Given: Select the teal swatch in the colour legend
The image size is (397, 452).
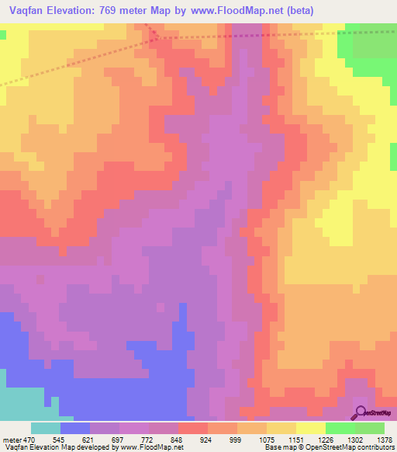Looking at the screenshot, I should tap(46, 428).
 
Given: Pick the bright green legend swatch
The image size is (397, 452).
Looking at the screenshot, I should tap(340, 428).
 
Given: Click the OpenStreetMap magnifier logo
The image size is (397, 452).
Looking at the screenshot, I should tap(360, 412).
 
